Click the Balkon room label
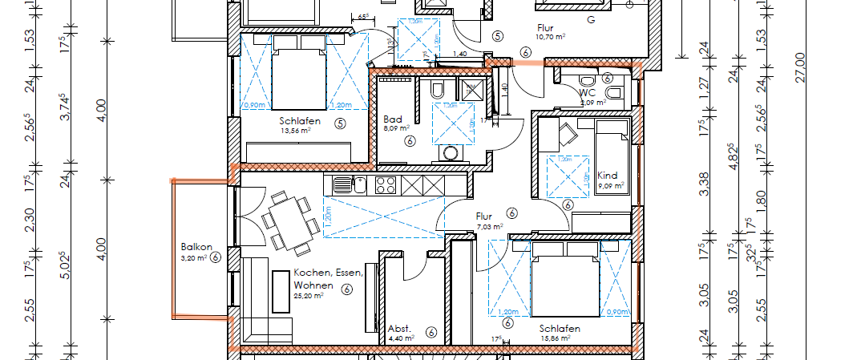196,246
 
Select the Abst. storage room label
399,329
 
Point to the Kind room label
608,176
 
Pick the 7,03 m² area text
489,227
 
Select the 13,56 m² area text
300,132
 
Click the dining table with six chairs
285,218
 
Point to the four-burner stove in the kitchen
385,184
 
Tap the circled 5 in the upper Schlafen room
340,123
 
